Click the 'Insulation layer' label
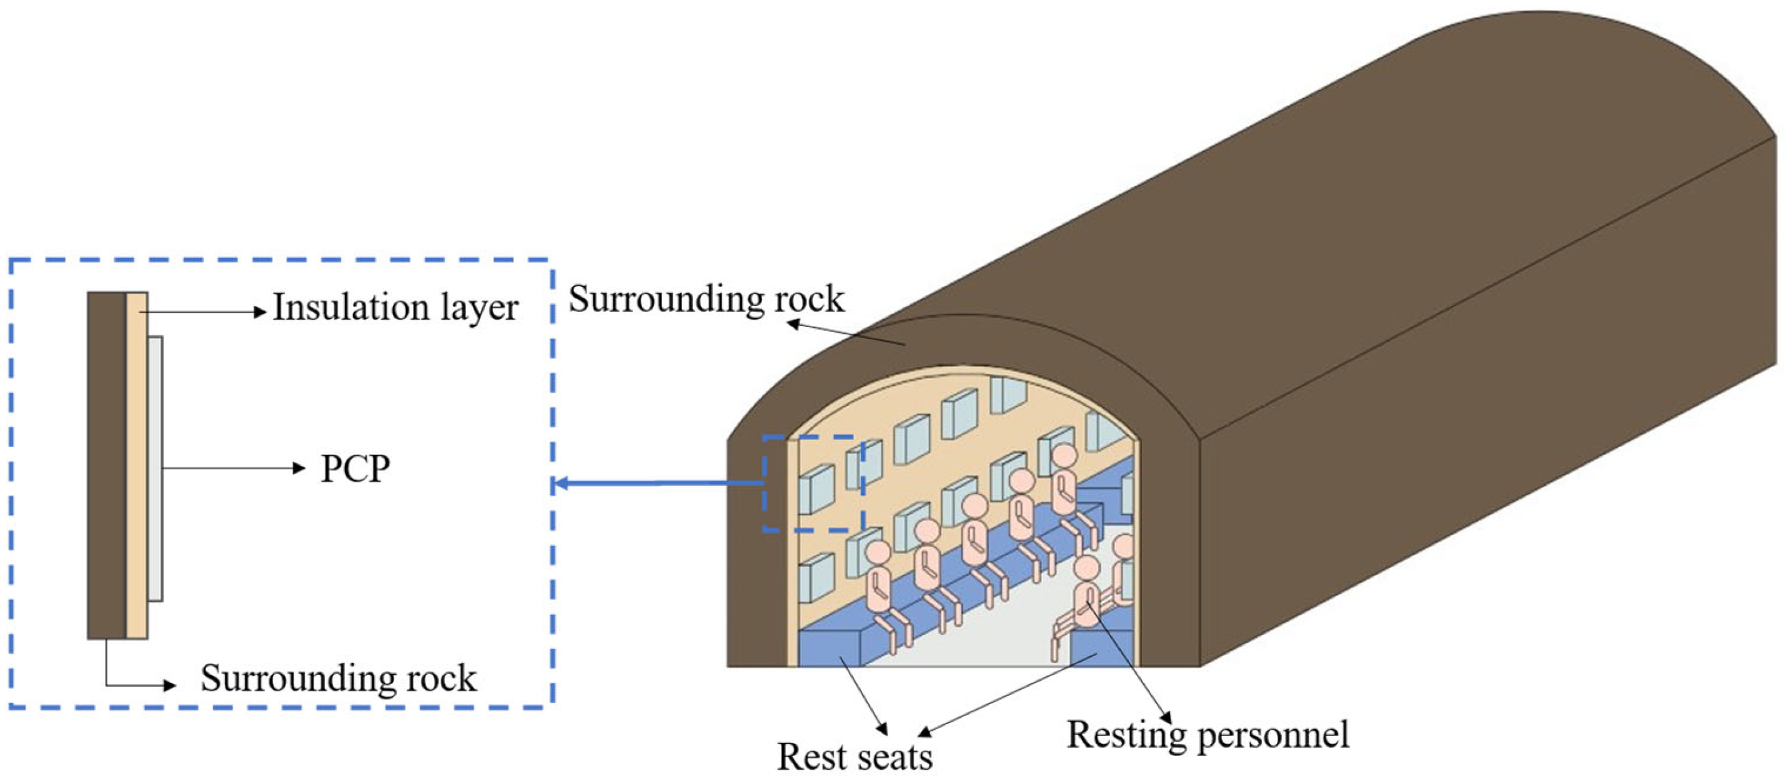[x=395, y=307]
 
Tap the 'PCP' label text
[x=355, y=469]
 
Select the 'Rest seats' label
[x=854, y=756]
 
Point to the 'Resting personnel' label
[x=1208, y=735]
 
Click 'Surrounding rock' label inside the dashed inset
[x=339, y=678]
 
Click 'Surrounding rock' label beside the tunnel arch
[x=706, y=300]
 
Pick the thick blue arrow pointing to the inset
[x=658, y=483]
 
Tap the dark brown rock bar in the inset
[x=106, y=464]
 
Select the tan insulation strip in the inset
[x=137, y=464]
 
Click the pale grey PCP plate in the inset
[x=156, y=468]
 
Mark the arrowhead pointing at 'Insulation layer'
[x=260, y=313]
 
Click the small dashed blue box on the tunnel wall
[x=813, y=484]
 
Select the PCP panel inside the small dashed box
[x=816, y=489]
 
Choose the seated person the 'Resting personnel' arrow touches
[x=1086, y=596]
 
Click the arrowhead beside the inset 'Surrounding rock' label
[x=170, y=685]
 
